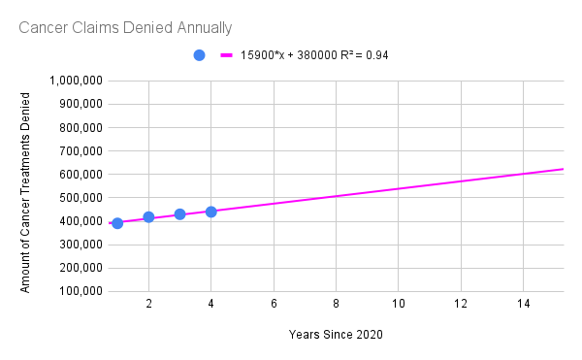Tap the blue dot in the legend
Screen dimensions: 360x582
pos(199,55)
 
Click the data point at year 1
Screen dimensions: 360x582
pos(117,223)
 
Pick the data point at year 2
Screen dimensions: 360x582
pos(148,217)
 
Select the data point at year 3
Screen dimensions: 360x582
pos(179,214)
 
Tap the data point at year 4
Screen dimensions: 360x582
pos(210,212)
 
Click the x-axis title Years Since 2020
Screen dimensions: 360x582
pos(336,335)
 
